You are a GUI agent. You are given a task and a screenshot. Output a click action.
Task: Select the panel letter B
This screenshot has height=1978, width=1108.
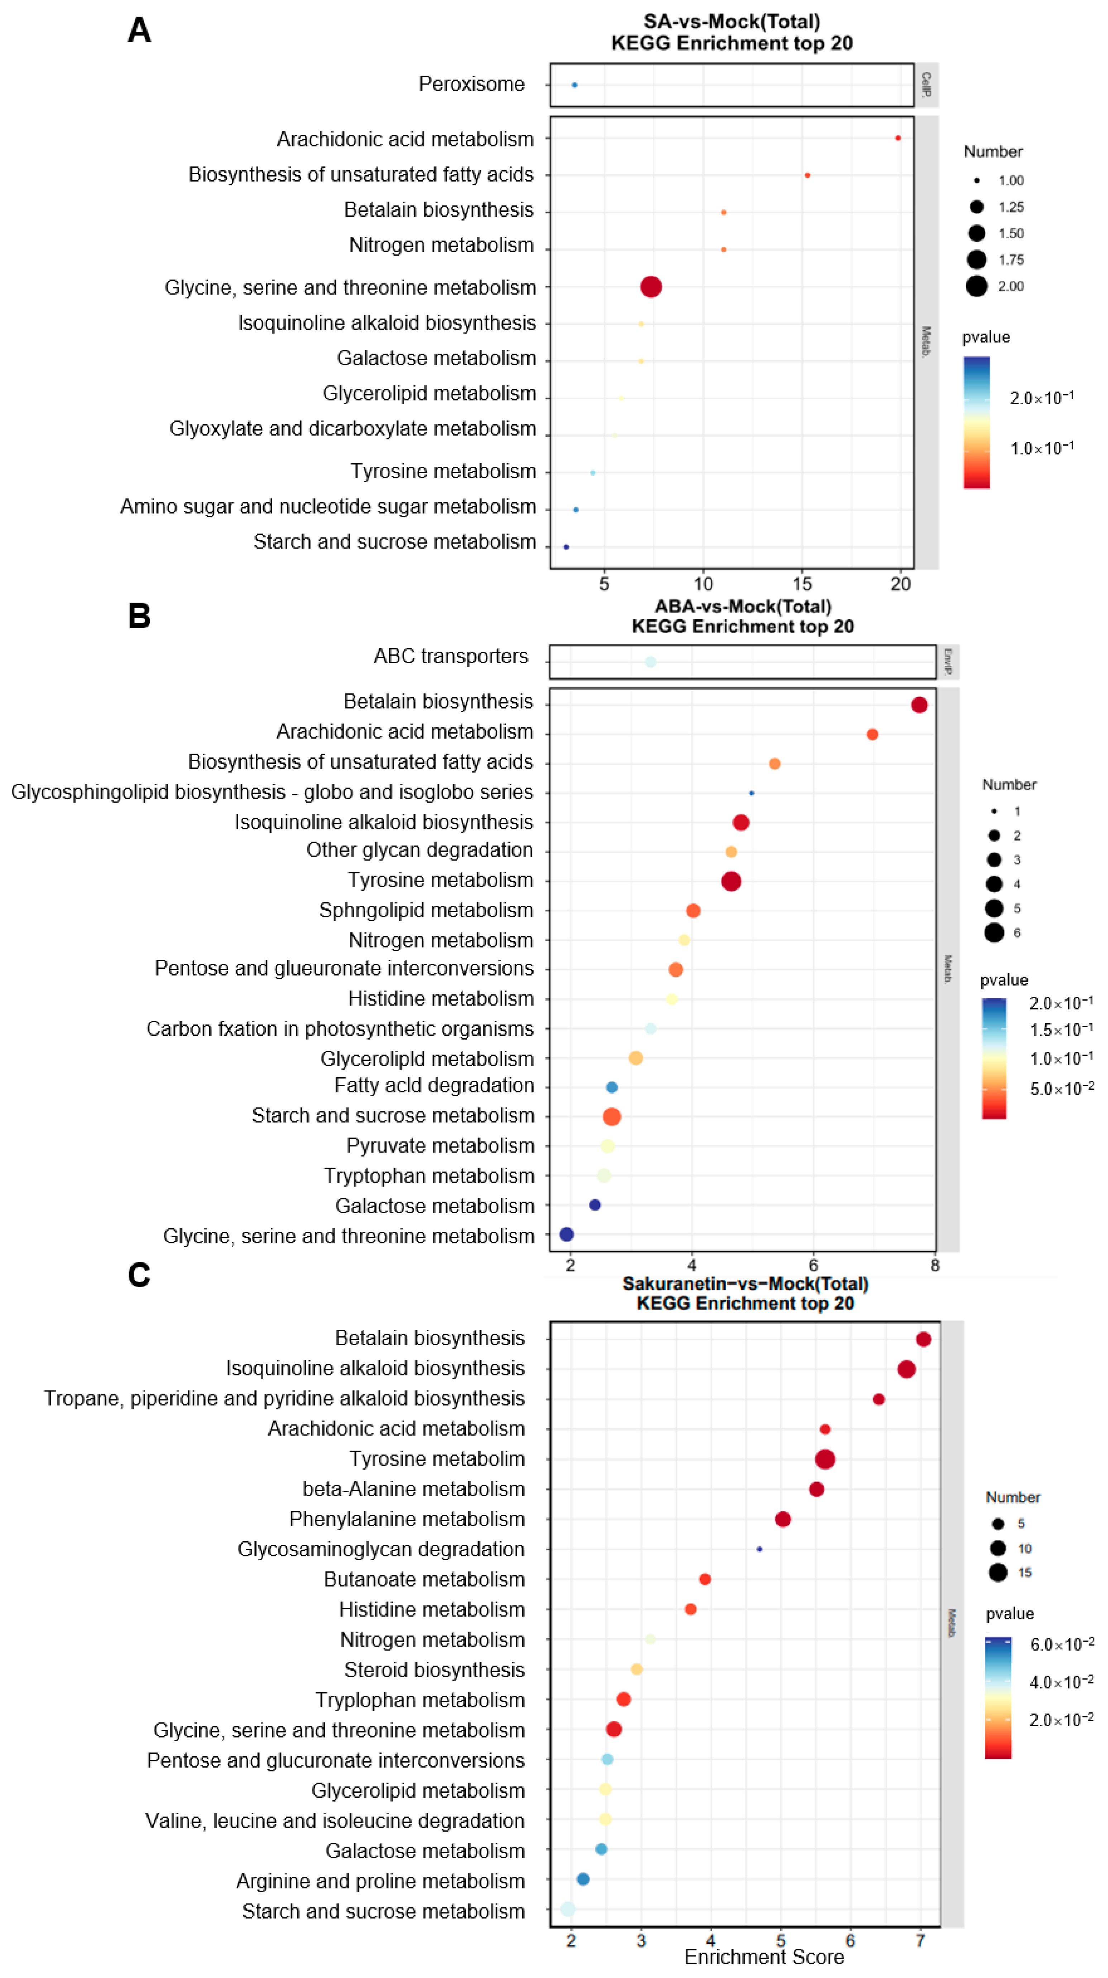139,616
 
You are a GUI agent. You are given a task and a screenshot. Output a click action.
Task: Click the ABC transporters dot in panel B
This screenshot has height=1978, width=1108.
651,662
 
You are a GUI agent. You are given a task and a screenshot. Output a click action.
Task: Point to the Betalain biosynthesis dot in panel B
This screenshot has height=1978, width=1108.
919,705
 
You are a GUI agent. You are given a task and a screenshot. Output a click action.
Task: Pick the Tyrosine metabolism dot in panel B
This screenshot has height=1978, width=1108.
731,881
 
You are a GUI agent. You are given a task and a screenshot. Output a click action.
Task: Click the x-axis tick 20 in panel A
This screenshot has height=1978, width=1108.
901,584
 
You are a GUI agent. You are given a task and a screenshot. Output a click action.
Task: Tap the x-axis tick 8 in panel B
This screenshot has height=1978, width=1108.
935,1265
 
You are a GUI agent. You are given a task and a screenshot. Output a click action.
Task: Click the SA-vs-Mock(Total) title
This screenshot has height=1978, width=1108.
732,21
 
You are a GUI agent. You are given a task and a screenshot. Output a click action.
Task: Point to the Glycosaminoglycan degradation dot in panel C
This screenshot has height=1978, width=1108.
759,1550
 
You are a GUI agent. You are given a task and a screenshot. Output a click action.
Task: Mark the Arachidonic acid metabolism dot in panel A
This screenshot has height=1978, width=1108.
898,138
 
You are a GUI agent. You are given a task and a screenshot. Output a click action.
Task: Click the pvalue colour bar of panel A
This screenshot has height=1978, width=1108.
977,422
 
